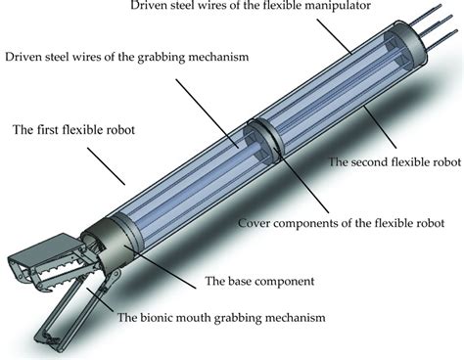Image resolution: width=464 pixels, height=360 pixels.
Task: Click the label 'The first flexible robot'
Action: tap(73, 130)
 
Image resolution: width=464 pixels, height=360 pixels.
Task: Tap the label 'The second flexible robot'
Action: tap(394, 161)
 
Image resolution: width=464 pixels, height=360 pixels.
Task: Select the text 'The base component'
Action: tap(259, 281)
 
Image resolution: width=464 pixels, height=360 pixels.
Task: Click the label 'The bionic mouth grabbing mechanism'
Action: tap(221, 317)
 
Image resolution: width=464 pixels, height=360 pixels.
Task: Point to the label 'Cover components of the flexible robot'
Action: tap(341, 223)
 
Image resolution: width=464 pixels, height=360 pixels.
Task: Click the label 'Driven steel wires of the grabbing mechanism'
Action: tap(127, 57)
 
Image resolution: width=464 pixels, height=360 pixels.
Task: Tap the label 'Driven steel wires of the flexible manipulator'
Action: tap(251, 6)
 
